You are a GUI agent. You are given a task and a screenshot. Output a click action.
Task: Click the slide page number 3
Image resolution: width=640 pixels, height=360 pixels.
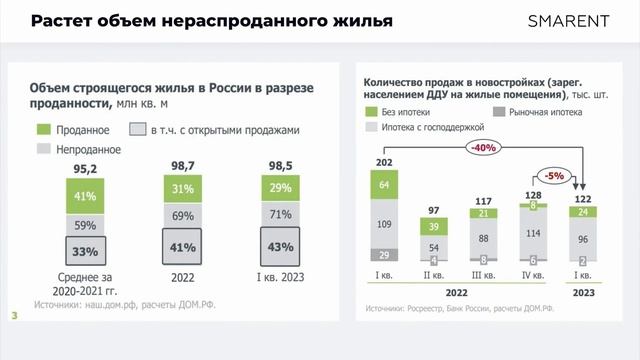click(14, 317)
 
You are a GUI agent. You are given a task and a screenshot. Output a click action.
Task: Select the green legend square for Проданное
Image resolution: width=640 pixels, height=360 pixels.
click(43, 130)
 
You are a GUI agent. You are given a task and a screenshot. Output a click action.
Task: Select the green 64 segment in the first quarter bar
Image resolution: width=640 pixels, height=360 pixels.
click(385, 185)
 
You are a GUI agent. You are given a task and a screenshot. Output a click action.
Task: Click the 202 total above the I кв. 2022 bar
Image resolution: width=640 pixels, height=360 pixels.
click(385, 163)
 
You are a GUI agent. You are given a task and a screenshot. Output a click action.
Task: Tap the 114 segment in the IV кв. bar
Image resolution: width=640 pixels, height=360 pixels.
click(532, 233)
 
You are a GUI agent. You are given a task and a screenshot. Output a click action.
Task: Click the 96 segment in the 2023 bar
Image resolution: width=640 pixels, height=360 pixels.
click(581, 240)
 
